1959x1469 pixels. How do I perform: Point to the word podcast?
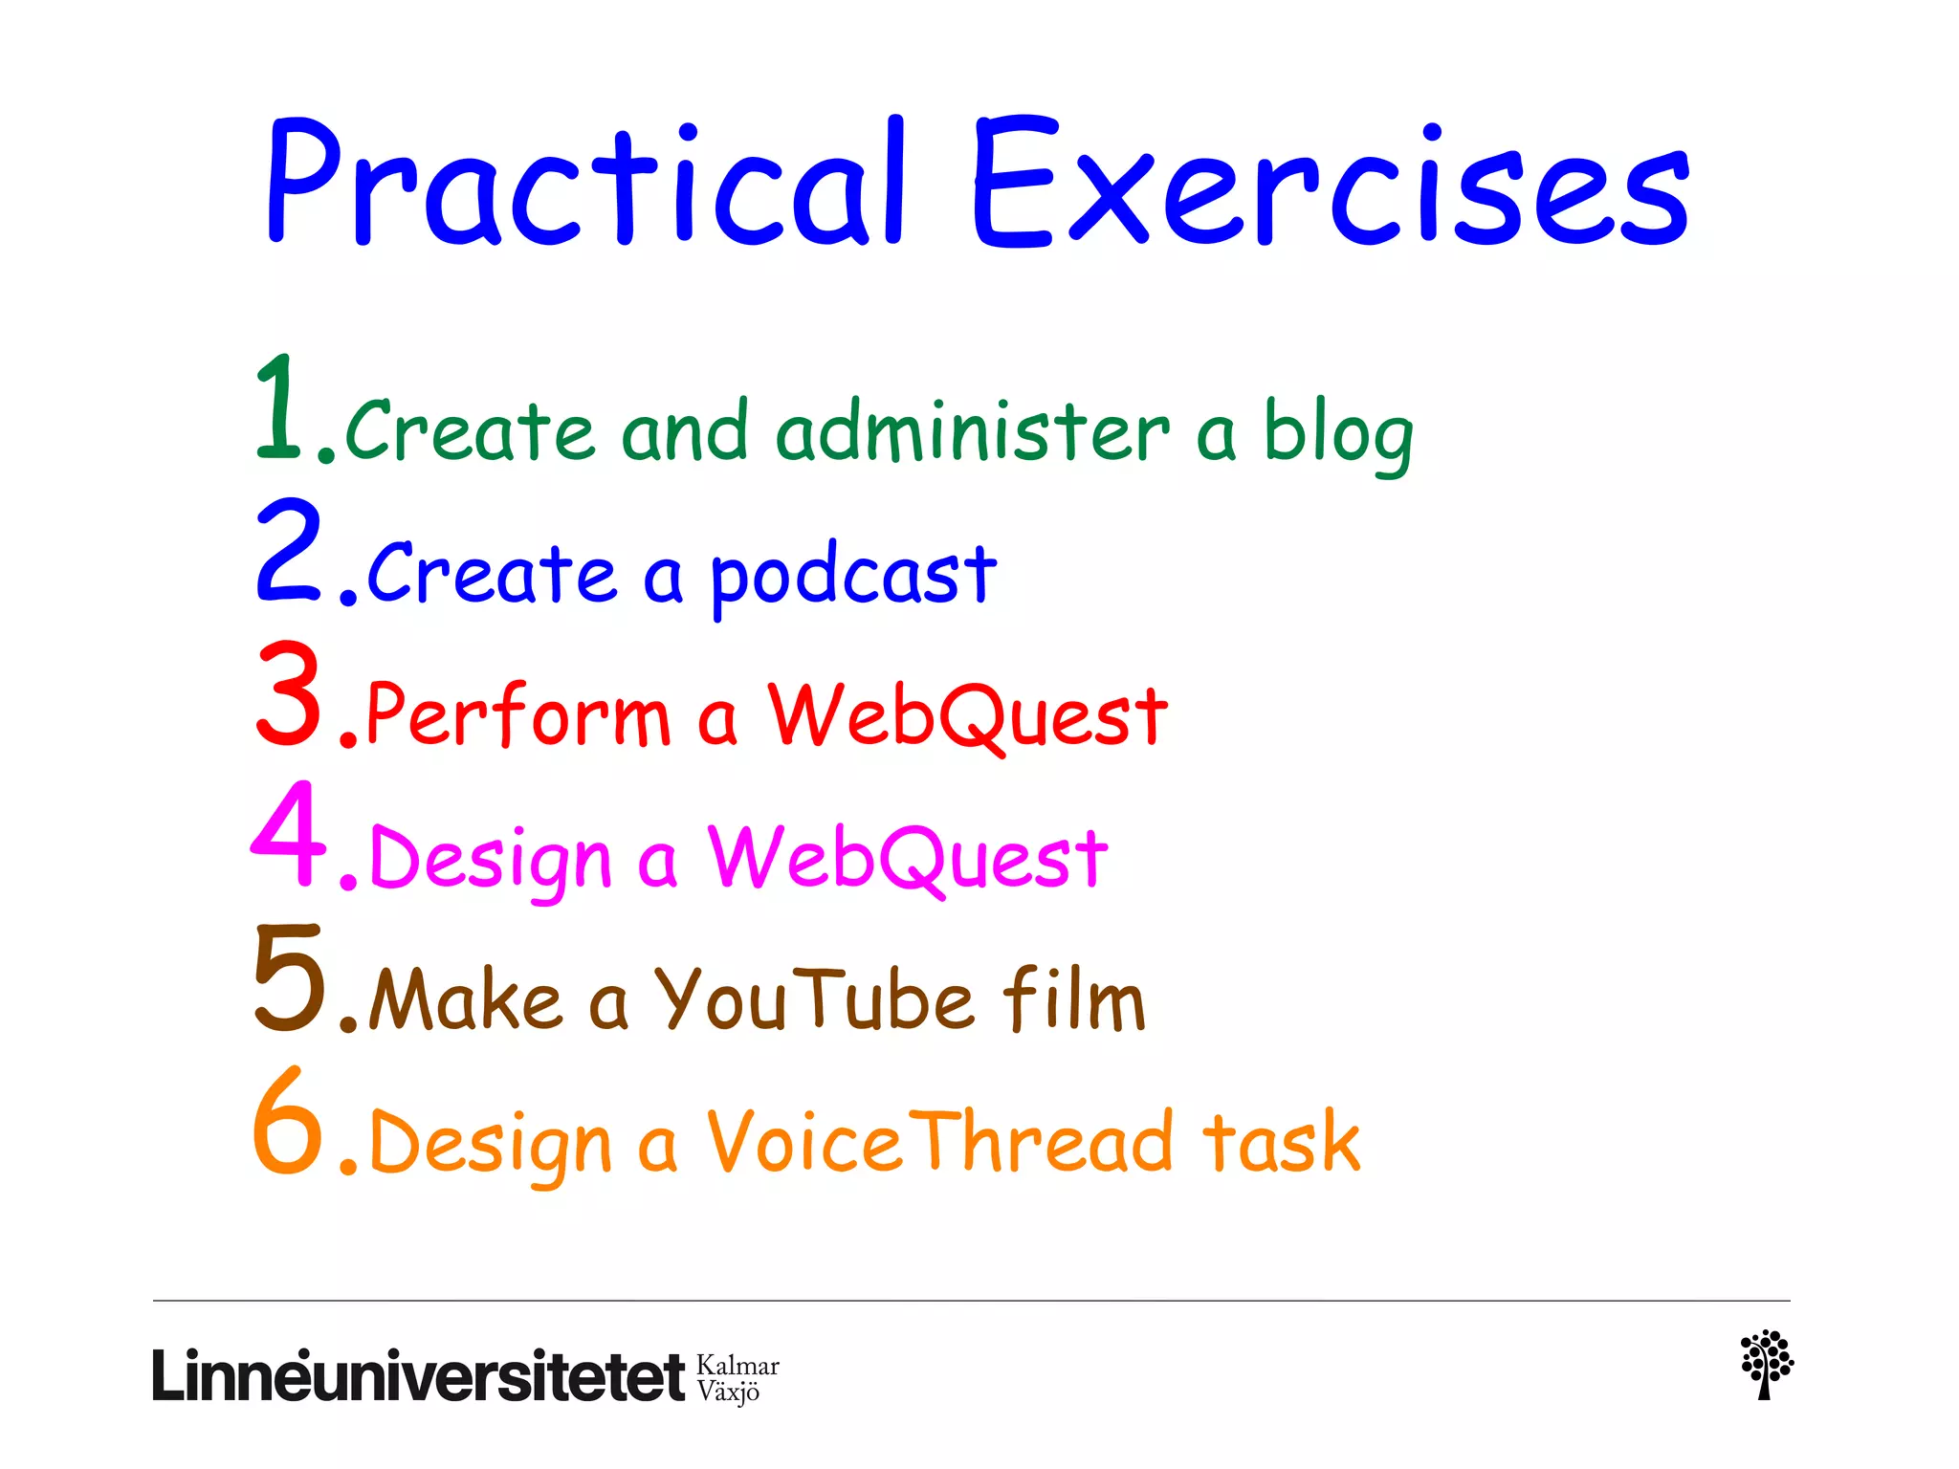[853, 576]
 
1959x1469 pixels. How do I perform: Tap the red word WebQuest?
[968, 717]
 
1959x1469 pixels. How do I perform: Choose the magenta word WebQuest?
[907, 859]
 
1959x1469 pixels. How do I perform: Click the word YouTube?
[813, 1000]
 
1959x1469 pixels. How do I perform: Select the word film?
[1073, 998]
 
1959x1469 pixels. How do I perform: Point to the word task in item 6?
[1282, 1142]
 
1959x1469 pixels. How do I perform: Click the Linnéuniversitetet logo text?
[418, 1377]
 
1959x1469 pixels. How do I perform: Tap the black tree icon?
[1766, 1364]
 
